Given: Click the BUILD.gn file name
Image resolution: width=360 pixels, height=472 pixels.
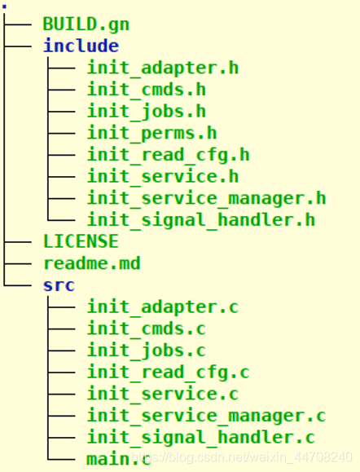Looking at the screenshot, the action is click(x=86, y=24).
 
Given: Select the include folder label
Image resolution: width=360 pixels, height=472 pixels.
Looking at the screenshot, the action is click(x=81, y=46).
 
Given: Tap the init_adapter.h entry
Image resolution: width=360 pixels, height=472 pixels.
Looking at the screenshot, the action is click(x=163, y=68).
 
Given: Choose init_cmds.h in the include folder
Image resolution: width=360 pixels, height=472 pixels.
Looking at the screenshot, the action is click(x=147, y=90).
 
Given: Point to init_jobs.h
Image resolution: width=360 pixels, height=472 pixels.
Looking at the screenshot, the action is click(x=147, y=112).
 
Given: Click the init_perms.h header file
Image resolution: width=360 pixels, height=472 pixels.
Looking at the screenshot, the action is click(x=151, y=133).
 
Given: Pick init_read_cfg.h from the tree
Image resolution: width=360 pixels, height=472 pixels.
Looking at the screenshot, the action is click(x=168, y=155).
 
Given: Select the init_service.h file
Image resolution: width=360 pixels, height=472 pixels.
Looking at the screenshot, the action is click(x=163, y=177).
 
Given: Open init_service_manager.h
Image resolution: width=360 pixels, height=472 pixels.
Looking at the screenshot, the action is click(x=206, y=198).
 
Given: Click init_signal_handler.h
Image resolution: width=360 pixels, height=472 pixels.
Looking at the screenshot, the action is click(x=201, y=220).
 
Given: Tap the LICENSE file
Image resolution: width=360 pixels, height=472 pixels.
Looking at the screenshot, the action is click(x=81, y=241).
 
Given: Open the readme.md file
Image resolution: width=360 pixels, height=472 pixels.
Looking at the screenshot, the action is click(x=92, y=263).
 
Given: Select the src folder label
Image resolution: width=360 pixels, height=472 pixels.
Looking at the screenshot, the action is click(x=59, y=285).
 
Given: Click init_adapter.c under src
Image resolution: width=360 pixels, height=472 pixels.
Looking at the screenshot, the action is click(x=163, y=307).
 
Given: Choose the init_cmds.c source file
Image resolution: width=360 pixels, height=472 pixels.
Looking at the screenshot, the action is click(x=147, y=329).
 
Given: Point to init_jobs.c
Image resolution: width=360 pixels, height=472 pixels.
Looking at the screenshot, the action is click(x=147, y=351).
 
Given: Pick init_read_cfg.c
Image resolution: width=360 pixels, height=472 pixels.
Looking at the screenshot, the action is click(x=168, y=373).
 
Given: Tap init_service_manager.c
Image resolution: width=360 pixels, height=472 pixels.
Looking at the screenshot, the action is click(x=206, y=416).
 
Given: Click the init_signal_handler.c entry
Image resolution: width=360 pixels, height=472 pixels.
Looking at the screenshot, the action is click(x=201, y=438).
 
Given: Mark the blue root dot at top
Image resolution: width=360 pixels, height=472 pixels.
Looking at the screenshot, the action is click(x=4, y=7).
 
